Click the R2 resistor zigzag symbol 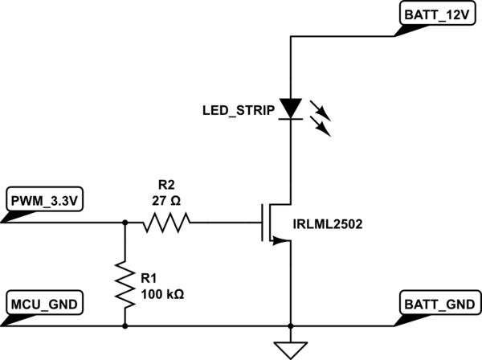coord(167,222)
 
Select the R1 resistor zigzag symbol coord(125,283)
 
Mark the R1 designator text coord(149,279)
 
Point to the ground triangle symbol coord(290,348)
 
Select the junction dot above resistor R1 coord(125,222)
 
